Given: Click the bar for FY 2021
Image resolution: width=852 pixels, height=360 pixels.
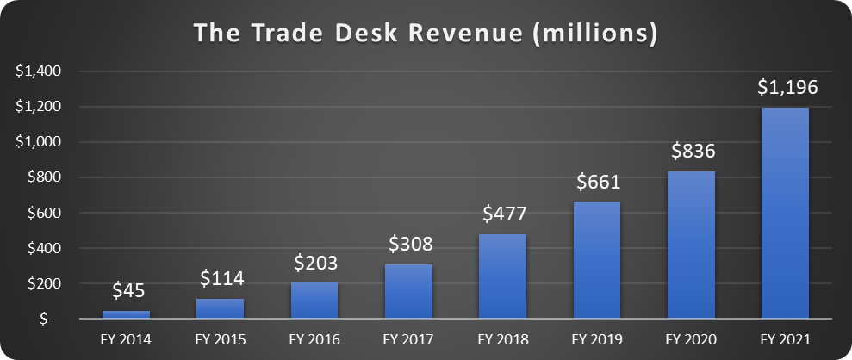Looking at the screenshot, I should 785,213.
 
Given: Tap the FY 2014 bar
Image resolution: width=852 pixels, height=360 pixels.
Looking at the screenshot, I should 126,314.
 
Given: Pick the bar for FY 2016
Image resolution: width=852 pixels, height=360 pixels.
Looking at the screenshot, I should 314,301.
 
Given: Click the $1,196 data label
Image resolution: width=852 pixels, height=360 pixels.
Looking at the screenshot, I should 786,88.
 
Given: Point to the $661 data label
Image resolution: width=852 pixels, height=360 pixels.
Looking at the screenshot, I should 597,183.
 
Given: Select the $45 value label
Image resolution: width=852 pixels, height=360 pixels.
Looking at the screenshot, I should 127,293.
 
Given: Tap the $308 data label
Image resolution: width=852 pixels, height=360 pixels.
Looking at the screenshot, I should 408,246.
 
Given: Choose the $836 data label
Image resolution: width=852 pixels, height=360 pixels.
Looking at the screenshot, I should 691,152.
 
